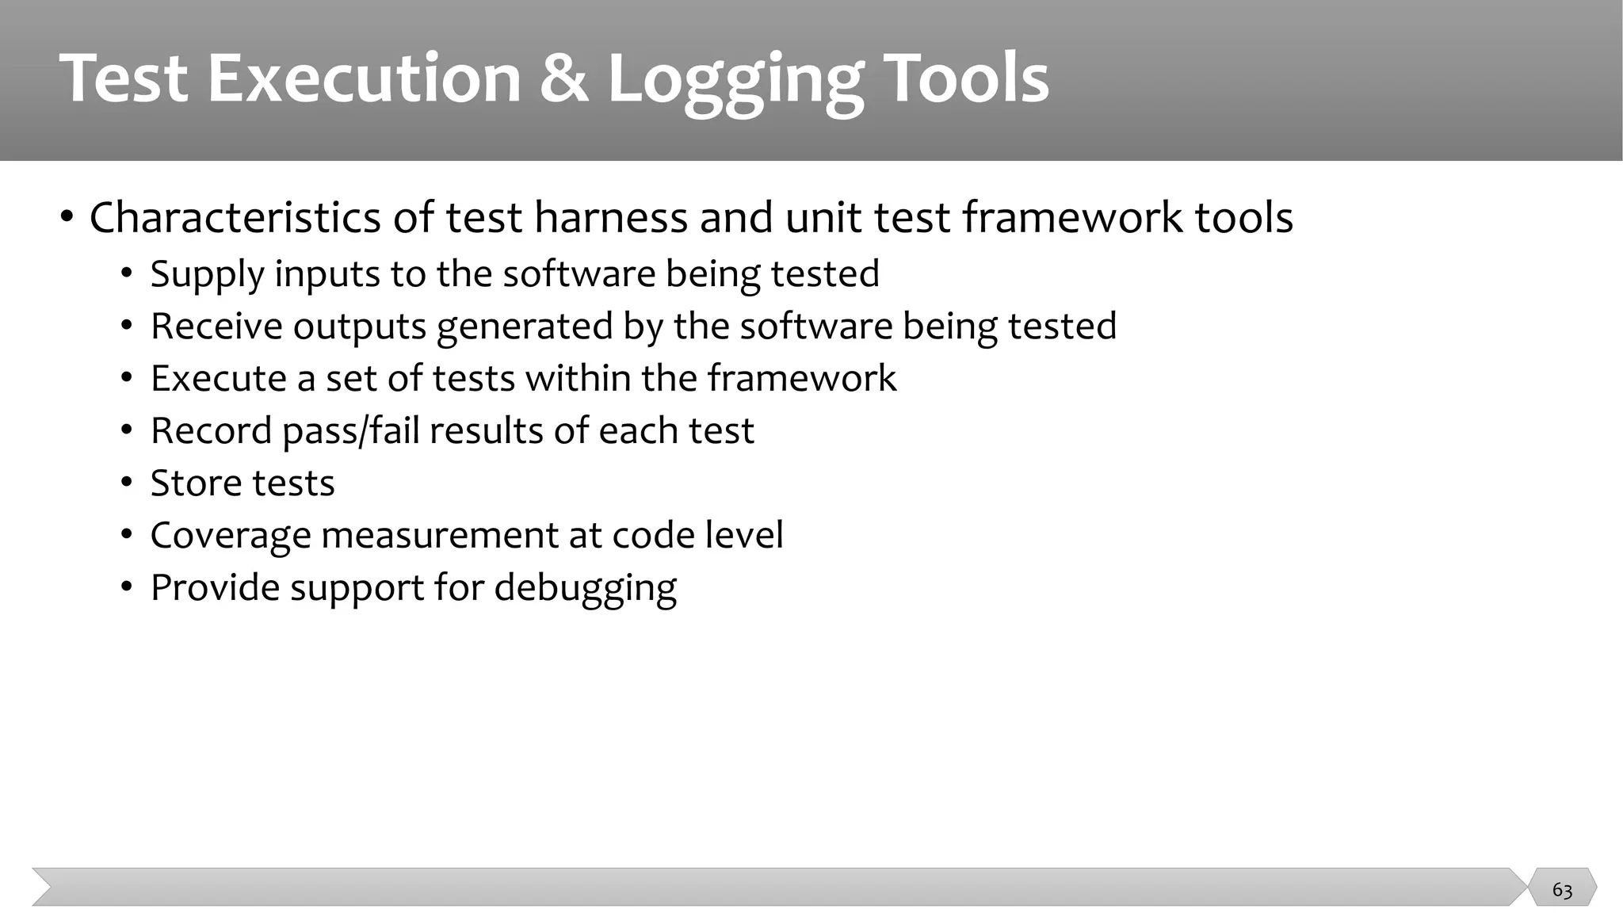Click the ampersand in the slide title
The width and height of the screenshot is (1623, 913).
coord(564,78)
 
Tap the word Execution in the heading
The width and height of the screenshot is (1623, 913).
coord(364,78)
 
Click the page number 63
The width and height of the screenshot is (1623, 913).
coord(1562,890)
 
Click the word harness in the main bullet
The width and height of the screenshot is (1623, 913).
coord(610,217)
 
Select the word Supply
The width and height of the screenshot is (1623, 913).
coord(207,275)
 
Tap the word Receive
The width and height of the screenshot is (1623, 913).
coord(216,326)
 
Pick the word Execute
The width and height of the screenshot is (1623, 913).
coord(218,378)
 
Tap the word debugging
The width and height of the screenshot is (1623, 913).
coord(585,589)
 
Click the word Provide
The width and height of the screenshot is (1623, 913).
coord(215,587)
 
